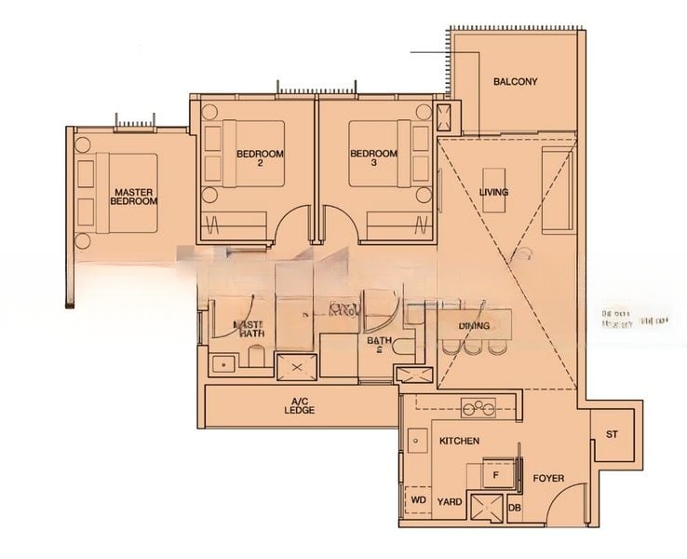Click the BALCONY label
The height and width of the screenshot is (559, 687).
[515, 82]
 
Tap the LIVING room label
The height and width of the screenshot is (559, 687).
[493, 193]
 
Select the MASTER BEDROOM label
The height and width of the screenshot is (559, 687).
[134, 197]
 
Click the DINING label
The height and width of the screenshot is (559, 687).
[475, 326]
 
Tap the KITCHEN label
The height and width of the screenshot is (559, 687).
[459, 441]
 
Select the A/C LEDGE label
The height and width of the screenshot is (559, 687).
[300, 407]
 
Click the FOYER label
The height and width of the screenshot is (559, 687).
[548, 479]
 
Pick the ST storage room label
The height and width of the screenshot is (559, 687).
[612, 435]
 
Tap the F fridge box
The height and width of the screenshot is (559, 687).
[495, 475]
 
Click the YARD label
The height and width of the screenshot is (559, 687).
[451, 501]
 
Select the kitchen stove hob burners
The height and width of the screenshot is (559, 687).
[478, 407]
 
